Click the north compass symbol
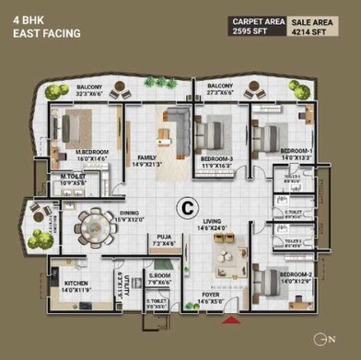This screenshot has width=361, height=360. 329,342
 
